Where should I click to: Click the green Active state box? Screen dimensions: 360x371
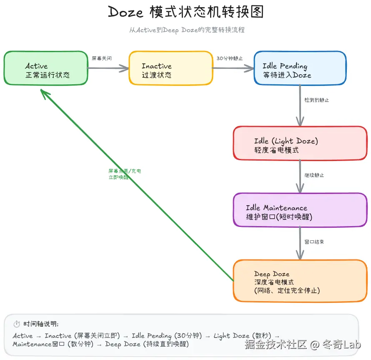[46, 68]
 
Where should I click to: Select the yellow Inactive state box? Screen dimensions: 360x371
[170, 68]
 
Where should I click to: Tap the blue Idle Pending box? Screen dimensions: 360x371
[300, 68]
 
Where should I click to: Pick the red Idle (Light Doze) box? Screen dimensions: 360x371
[300, 143]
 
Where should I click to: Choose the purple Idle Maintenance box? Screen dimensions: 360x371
[300, 210]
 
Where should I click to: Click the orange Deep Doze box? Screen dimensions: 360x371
[300, 281]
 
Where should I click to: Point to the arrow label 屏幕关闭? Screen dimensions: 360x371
[102, 58]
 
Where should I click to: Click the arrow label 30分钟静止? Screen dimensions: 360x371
[230, 58]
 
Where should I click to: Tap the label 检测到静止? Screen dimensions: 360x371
[317, 100]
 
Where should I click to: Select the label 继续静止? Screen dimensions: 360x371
[314, 175]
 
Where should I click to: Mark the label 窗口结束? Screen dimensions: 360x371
[314, 242]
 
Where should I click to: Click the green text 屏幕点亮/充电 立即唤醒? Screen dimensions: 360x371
[124, 174]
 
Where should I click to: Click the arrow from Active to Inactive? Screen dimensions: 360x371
[108, 68]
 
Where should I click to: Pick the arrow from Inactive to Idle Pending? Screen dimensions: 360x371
[233, 68]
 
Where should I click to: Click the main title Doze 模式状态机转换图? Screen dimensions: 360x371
[186, 13]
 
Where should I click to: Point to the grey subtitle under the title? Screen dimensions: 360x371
[186, 30]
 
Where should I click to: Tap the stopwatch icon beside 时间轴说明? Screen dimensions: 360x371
[17, 324]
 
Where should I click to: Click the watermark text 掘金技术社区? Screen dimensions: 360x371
[276, 345]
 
